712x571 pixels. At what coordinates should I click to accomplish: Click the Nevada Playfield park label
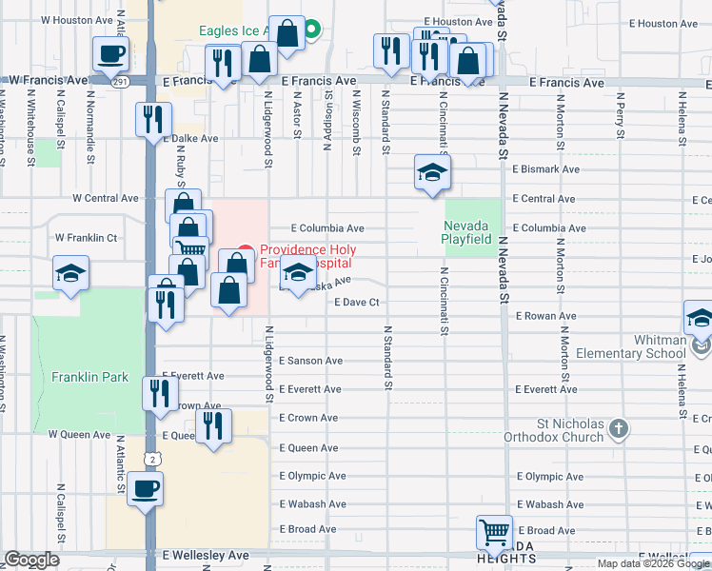tap(467, 232)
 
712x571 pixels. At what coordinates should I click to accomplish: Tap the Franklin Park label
tap(90, 377)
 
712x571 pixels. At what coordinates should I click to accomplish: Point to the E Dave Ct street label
tap(357, 303)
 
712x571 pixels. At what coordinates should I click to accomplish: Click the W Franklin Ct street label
tap(86, 238)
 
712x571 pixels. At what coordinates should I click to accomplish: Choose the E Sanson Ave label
tap(310, 361)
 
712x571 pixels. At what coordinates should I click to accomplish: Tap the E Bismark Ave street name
tap(545, 169)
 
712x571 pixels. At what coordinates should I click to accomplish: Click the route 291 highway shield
tap(119, 83)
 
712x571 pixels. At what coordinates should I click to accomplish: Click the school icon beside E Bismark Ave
tap(431, 173)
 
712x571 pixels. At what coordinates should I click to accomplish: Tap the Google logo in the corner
tap(32, 560)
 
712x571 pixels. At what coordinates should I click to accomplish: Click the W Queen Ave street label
tap(79, 434)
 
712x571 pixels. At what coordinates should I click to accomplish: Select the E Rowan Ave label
tap(545, 316)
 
